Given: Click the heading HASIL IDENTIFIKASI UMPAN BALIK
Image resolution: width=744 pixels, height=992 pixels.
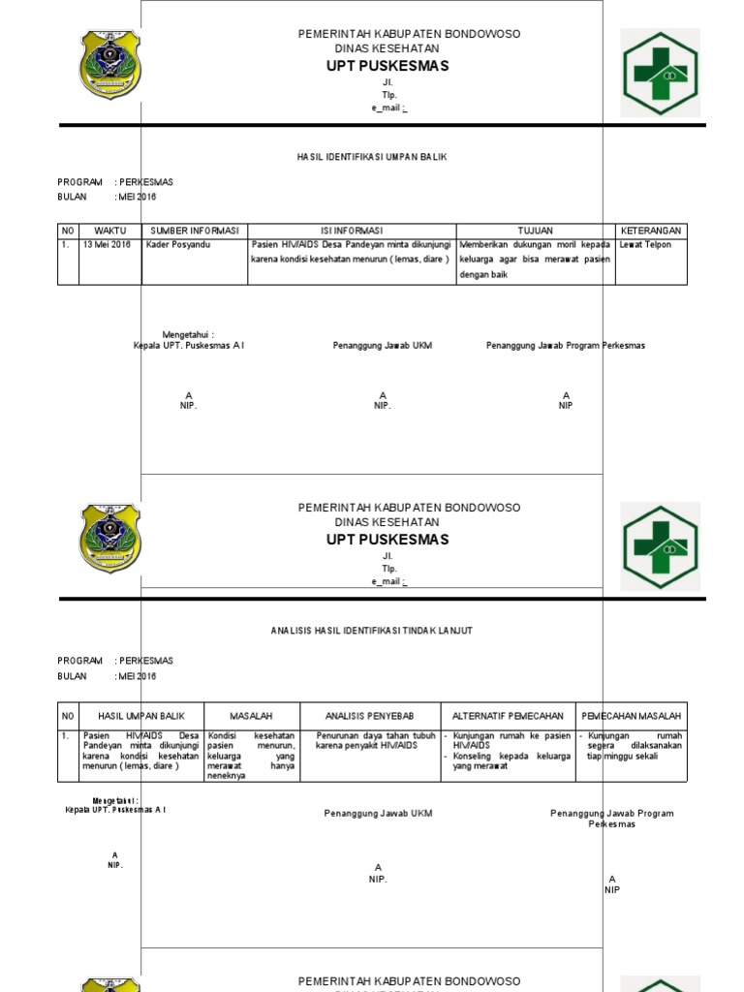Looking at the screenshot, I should pyautogui.click(x=371, y=156).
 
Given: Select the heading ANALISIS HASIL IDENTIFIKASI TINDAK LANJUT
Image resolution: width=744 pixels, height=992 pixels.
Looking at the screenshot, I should pyautogui.click(x=371, y=631).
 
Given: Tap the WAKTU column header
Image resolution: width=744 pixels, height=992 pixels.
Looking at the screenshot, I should pyautogui.click(x=110, y=231).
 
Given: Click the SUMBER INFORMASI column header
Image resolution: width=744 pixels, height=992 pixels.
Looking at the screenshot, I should pyautogui.click(x=194, y=231).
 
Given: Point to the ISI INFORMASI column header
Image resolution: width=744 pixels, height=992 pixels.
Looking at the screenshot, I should pyautogui.click(x=351, y=231).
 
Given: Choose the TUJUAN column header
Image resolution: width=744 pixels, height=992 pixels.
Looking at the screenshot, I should pyautogui.click(x=535, y=231).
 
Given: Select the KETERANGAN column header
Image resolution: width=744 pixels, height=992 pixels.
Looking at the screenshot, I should pyautogui.click(x=651, y=231).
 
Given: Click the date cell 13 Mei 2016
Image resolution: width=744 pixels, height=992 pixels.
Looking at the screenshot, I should pyautogui.click(x=107, y=245).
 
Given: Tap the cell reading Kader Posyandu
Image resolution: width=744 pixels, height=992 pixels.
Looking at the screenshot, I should pyautogui.click(x=177, y=245).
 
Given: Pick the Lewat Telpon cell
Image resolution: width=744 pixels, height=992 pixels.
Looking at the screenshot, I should pyautogui.click(x=644, y=245).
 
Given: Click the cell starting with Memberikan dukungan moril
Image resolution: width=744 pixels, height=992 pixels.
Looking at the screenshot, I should pyautogui.click(x=535, y=260).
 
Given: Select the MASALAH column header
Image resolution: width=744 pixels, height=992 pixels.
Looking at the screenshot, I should pyautogui.click(x=251, y=716).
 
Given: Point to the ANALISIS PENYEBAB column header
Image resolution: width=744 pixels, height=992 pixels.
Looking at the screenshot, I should pyautogui.click(x=370, y=716).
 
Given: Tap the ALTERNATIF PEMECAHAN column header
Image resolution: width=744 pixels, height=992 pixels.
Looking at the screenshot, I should pyautogui.click(x=508, y=716).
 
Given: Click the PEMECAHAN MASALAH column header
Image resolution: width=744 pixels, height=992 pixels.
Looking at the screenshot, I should pyautogui.click(x=631, y=716).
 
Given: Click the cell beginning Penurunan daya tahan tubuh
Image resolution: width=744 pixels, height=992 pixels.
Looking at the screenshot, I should pyautogui.click(x=370, y=741).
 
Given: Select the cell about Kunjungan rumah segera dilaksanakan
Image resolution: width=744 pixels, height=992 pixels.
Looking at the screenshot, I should pyautogui.click(x=635, y=746).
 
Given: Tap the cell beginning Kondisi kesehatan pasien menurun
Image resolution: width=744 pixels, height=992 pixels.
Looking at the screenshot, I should pyautogui.click(x=251, y=756).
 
